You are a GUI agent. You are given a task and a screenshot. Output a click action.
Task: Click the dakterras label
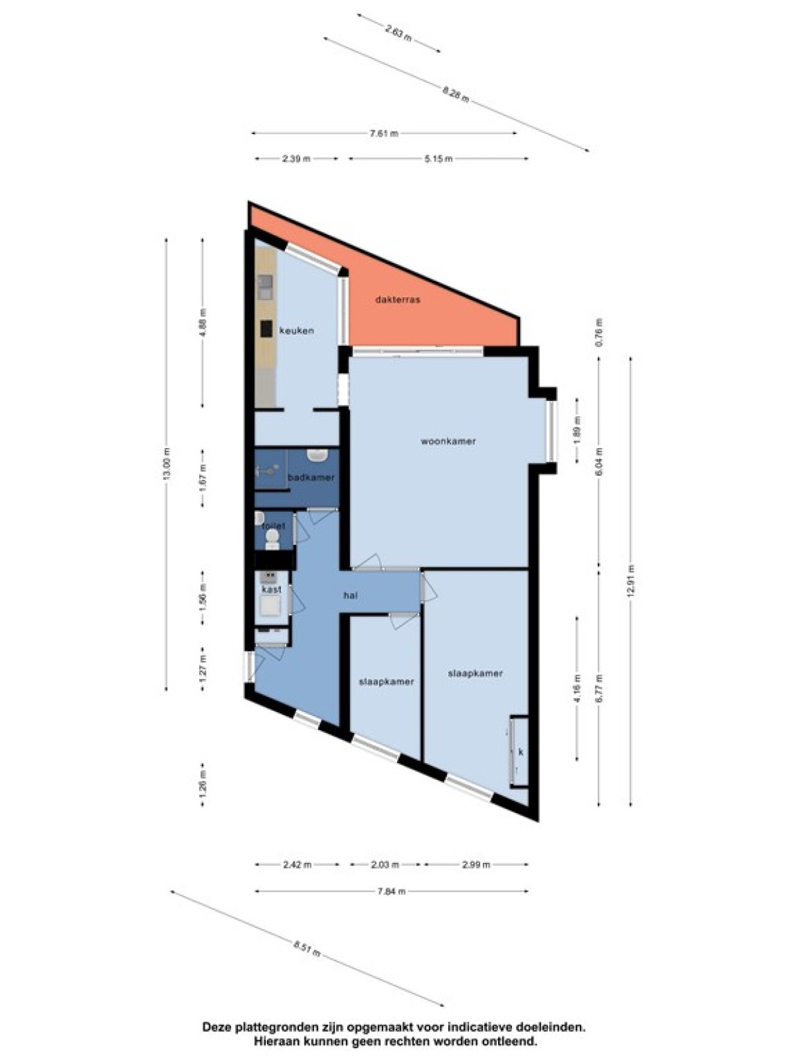coord(398,299)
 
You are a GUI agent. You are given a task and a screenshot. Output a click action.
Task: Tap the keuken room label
coord(297,331)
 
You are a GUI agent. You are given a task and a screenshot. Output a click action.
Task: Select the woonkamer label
coord(448,441)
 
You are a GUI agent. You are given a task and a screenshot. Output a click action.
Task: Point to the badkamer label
coord(311,477)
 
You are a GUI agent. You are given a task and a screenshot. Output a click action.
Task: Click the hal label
coord(351,595)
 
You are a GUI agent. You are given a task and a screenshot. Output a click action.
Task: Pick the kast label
coord(272,590)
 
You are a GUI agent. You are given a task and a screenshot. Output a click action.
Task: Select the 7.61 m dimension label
coord(384,133)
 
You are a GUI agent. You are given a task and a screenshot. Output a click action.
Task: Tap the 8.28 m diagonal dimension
coord(456,94)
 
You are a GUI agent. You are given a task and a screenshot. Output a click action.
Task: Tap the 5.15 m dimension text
coord(438,159)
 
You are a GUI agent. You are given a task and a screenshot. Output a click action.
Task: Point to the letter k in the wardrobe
coord(521,751)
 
